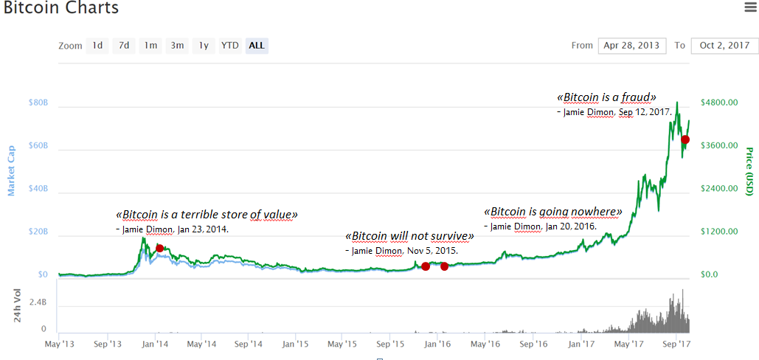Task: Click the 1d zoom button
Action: tap(97, 46)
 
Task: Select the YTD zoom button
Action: tap(230, 46)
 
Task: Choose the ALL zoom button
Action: tap(257, 46)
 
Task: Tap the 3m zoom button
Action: tap(177, 46)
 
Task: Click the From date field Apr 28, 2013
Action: tap(632, 46)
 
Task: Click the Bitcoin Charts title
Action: tap(61, 8)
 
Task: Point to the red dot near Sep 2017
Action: tap(685, 139)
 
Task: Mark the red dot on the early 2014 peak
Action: tap(159, 248)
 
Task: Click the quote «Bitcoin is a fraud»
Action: tap(606, 97)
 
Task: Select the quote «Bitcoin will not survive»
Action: tap(409, 237)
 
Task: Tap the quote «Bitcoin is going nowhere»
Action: tap(553, 212)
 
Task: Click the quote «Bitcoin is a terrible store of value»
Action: tap(207, 215)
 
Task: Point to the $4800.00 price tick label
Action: tap(719, 103)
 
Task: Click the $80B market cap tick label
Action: tap(38, 103)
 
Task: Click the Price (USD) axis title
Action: tap(749, 171)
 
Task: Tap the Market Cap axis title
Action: tap(11, 171)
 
